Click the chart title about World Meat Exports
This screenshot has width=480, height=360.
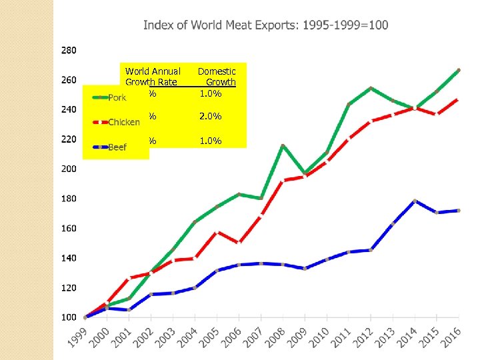[265, 25]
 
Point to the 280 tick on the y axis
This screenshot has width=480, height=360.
[69, 50]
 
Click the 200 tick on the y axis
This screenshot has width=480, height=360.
[69, 169]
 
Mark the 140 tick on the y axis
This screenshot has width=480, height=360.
[69, 258]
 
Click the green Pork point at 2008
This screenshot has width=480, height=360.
[283, 145]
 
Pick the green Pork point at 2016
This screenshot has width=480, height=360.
[458, 69]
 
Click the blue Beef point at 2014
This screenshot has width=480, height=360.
[415, 201]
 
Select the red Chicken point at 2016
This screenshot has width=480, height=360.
[458, 99]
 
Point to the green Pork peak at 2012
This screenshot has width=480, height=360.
[371, 88]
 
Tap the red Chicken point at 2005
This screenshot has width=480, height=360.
[217, 232]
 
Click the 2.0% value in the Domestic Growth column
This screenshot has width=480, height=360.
[211, 117]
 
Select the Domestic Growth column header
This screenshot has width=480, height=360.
[217, 77]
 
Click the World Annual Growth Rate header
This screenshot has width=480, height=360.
[153, 77]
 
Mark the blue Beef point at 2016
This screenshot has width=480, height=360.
[458, 211]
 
